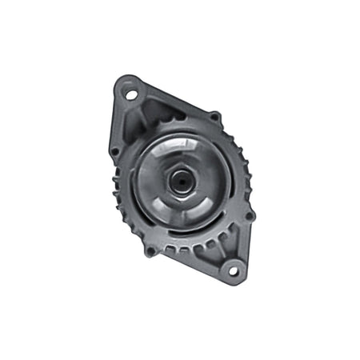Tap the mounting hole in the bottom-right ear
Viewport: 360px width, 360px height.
coord(233,270)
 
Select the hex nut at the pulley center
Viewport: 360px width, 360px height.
coord(180,181)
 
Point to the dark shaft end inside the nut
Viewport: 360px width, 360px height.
coord(181,182)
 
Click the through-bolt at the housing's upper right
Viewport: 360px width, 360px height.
coord(214,117)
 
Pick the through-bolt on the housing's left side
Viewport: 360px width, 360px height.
coord(117,150)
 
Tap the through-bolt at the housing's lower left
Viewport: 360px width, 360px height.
coord(150,250)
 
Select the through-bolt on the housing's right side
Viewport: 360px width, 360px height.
coord(249,215)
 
